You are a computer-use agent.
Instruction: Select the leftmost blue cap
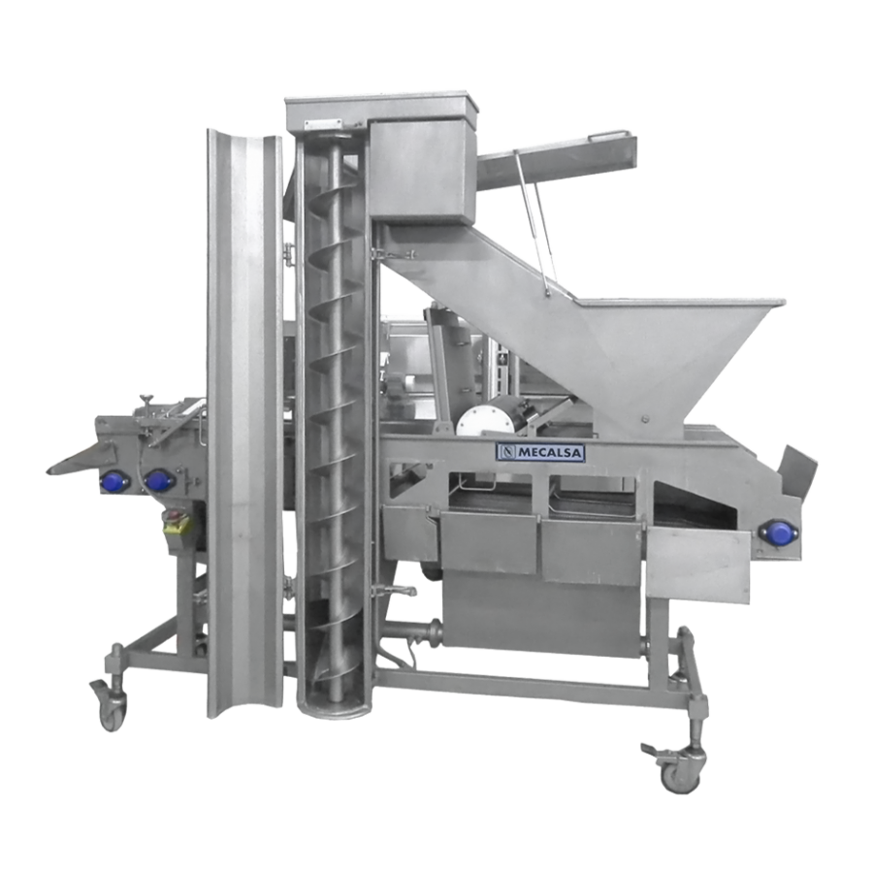tap(113, 480)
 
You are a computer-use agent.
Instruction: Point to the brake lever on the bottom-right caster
tap(653, 749)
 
